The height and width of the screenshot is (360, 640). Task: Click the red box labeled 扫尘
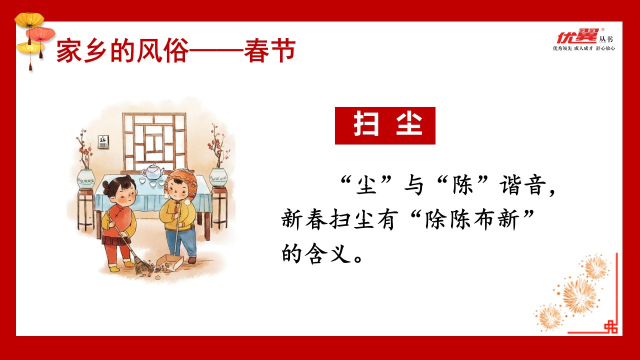pos(385,125)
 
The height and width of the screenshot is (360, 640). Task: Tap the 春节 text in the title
pos(269,51)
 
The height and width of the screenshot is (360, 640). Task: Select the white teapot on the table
pos(153,171)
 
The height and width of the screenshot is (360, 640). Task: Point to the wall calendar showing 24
pos(102,141)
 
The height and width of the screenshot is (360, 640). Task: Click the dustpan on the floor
pos(169,262)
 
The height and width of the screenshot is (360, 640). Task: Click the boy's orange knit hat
pos(181,183)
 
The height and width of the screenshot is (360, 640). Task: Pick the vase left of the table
pos(85,178)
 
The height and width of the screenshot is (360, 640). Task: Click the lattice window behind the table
pos(154,142)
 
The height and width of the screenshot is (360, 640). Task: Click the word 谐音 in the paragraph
pos(523,185)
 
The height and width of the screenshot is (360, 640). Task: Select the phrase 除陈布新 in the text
pos(471,220)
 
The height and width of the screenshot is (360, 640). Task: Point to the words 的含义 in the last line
pos(316,253)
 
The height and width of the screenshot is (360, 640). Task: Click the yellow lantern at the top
pos(29,20)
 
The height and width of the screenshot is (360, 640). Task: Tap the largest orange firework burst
pos(579,296)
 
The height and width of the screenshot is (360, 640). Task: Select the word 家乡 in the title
pos(81,51)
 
